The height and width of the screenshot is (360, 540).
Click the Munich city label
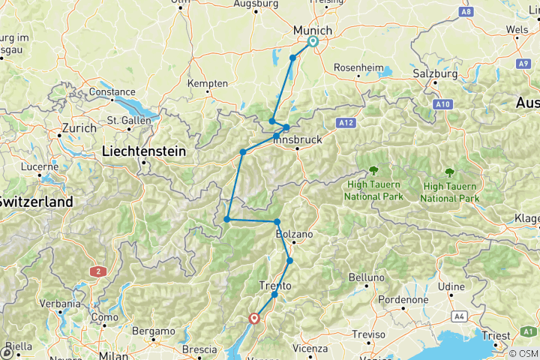(x=313, y=29)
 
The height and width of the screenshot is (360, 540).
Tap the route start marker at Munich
(x=313, y=42)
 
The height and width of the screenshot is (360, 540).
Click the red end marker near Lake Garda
(x=255, y=318)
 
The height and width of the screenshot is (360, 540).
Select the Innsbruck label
(x=297, y=139)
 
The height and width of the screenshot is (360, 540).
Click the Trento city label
(x=274, y=285)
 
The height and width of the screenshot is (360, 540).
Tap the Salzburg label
(x=435, y=74)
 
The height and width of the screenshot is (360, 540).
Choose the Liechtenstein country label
(x=143, y=151)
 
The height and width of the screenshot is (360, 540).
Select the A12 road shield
(x=346, y=121)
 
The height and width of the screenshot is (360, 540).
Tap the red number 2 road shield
(x=97, y=271)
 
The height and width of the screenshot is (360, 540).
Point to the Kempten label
(x=207, y=83)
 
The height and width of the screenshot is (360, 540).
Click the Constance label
(x=112, y=94)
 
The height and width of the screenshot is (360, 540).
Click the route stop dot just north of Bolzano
(x=277, y=222)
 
